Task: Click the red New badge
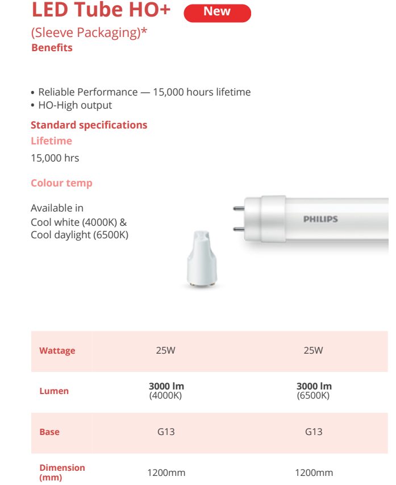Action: pyautogui.click(x=217, y=13)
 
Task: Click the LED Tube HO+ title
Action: pyautogui.click(x=101, y=10)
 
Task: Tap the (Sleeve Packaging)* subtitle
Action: pyautogui.click(x=89, y=32)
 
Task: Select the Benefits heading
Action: pyautogui.click(x=52, y=48)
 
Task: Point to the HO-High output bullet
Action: pyautogui.click(x=75, y=105)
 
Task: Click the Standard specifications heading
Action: pyautogui.click(x=89, y=125)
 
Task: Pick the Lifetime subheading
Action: pyautogui.click(x=51, y=141)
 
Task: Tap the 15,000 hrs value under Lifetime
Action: pyautogui.click(x=55, y=158)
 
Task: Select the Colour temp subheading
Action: pyautogui.click(x=61, y=183)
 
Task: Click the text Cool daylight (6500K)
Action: pyautogui.click(x=80, y=234)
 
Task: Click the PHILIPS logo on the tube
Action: pyautogui.click(x=320, y=219)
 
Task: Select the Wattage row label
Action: pyautogui.click(x=57, y=351)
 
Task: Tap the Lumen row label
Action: pyautogui.click(x=54, y=391)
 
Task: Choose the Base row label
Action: pyautogui.click(x=49, y=432)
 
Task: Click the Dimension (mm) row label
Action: pyautogui.click(x=62, y=472)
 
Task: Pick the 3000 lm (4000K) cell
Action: pyautogui.click(x=166, y=391)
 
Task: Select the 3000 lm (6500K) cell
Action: pyautogui.click(x=314, y=391)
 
